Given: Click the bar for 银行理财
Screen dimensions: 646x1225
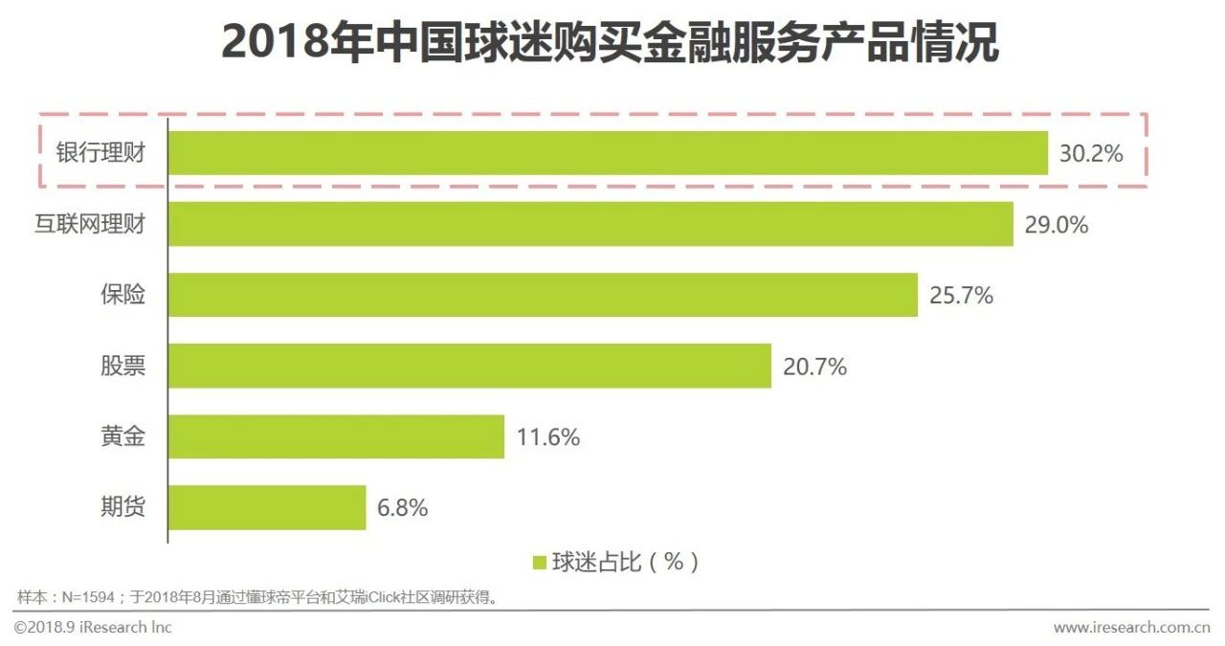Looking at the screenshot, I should point(609,153).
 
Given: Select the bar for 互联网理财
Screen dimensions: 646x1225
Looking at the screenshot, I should point(591,224).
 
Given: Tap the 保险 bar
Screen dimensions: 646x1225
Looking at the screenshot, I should point(544,295).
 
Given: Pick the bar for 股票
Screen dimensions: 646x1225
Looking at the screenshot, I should point(470,366).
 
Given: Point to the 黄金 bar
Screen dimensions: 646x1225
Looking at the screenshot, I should point(337,436).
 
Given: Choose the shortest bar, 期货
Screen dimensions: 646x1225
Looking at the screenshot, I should point(268,507).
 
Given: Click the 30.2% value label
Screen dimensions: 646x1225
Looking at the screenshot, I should point(1090,154).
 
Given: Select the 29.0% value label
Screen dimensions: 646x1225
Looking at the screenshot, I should point(1056,225).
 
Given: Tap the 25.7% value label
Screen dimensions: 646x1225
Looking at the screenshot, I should point(961,296).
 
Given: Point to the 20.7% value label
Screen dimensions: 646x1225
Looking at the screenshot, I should point(814,367).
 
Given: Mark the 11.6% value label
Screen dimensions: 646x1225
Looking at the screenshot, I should point(547,437).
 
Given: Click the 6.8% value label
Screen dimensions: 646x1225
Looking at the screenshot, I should point(402,508).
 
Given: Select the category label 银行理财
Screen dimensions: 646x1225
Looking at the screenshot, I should point(100,153).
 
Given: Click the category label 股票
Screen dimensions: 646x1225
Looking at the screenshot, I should point(123,366).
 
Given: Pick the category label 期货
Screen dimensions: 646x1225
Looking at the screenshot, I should point(123,507).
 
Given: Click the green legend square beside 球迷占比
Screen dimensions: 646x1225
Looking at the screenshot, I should point(539,563).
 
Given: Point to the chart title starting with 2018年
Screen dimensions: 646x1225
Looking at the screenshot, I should point(611,43).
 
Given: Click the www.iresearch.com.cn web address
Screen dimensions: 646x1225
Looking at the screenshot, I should point(1131,628).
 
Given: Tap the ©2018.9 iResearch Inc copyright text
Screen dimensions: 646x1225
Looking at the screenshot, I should point(93,627).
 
